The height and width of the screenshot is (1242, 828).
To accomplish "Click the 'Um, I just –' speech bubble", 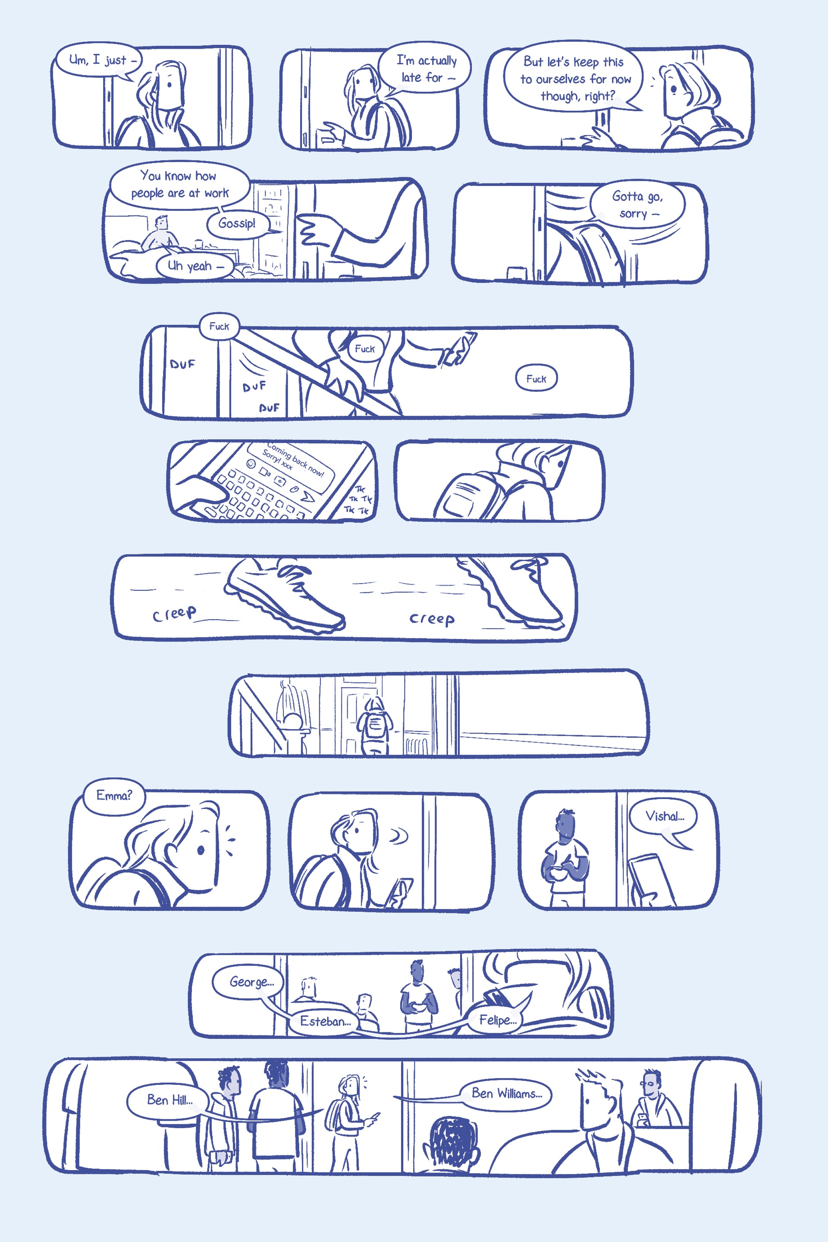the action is click(99, 61).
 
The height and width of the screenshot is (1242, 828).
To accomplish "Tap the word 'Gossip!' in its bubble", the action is click(237, 223).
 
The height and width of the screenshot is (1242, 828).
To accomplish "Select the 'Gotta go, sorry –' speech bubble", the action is click(637, 204).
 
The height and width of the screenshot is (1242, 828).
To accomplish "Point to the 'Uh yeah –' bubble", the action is click(195, 266).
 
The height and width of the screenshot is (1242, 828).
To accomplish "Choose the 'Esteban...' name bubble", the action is click(324, 1021).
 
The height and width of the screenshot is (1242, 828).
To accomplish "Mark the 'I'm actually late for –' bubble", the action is click(425, 68).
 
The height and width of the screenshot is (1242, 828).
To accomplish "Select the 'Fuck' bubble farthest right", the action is click(536, 378).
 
